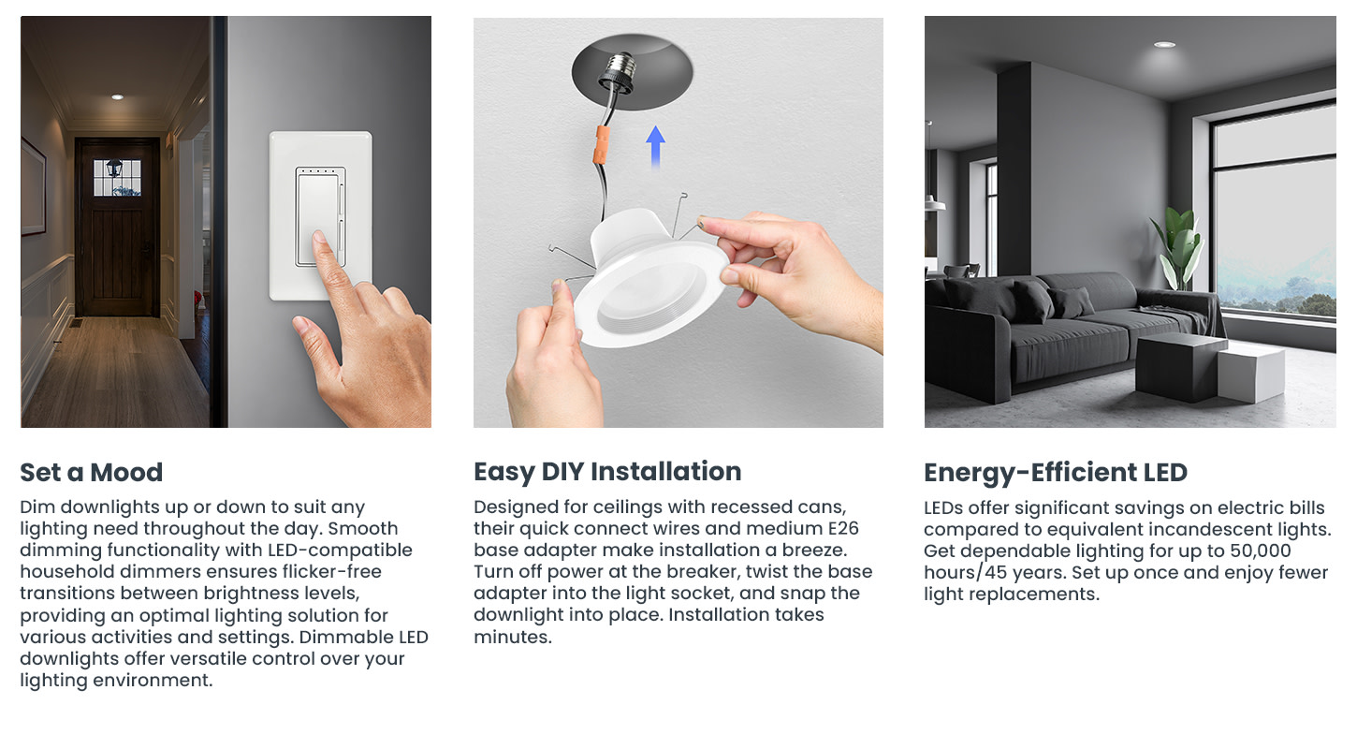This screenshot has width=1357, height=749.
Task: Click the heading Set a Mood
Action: (x=92, y=472)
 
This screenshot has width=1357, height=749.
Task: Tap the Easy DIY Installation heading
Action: (x=607, y=472)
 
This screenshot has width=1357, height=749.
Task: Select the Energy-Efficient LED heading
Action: (x=1056, y=473)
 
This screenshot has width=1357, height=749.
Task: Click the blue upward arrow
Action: (x=655, y=146)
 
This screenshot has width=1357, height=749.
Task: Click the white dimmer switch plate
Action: (x=320, y=215)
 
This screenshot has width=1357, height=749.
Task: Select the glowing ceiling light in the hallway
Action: (x=118, y=97)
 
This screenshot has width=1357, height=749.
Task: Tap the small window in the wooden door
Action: (x=118, y=177)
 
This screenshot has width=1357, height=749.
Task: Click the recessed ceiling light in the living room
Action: (x=1164, y=45)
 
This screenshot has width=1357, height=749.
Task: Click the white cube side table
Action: (x=1251, y=374)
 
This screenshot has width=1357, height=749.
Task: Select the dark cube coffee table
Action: (x=1180, y=368)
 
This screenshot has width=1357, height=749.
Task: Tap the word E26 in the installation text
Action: (x=843, y=528)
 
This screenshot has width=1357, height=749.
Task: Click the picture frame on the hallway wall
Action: (x=34, y=186)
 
